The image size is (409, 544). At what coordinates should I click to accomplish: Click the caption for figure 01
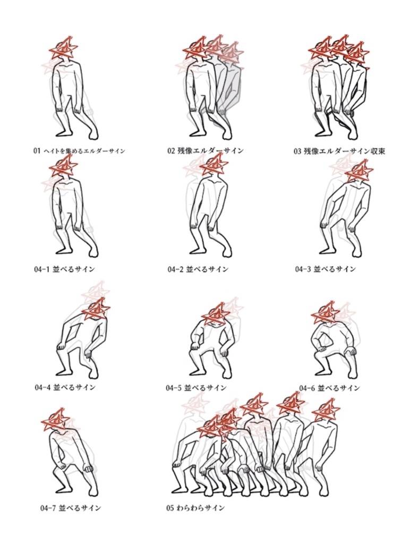79,151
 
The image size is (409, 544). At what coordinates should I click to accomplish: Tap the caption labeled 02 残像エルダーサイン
206,151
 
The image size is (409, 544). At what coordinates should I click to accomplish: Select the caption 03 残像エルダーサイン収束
339,151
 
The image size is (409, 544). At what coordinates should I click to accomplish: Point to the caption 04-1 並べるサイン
64,269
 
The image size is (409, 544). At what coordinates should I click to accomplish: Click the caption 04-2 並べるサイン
198,269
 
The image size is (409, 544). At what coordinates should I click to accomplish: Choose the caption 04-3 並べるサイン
326,269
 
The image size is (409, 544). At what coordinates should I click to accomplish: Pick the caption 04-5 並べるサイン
196,387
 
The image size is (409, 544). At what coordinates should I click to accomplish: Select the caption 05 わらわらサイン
195,508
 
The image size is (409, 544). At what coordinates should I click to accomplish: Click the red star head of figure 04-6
326,313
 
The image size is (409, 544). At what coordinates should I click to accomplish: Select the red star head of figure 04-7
56,420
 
